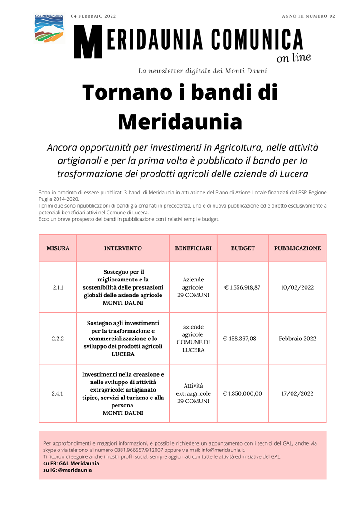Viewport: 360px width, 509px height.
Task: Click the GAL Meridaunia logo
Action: [x=49, y=29]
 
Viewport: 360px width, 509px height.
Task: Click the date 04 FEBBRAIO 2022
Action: [x=93, y=16]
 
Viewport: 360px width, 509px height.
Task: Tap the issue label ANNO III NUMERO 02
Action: [x=308, y=16]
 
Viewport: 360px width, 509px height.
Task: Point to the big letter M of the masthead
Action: [x=88, y=42]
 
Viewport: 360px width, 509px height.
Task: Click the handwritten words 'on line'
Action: [x=293, y=58]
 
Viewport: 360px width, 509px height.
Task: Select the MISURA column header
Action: [x=58, y=248]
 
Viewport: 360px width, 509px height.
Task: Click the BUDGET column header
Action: [x=243, y=248]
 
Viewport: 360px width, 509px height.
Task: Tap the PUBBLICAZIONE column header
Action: [x=297, y=248]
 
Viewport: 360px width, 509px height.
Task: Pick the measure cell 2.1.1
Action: [x=58, y=287]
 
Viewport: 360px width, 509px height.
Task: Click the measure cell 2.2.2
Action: [x=58, y=339]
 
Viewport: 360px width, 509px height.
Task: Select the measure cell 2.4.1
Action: [x=58, y=393]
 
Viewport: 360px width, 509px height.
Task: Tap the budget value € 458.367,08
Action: [x=240, y=339]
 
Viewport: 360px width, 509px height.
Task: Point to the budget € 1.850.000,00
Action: [x=243, y=393]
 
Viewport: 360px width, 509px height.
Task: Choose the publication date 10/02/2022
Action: [x=297, y=287]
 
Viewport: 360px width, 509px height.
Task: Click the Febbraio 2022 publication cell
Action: [x=297, y=339]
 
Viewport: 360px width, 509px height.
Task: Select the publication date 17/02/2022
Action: [x=297, y=393]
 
